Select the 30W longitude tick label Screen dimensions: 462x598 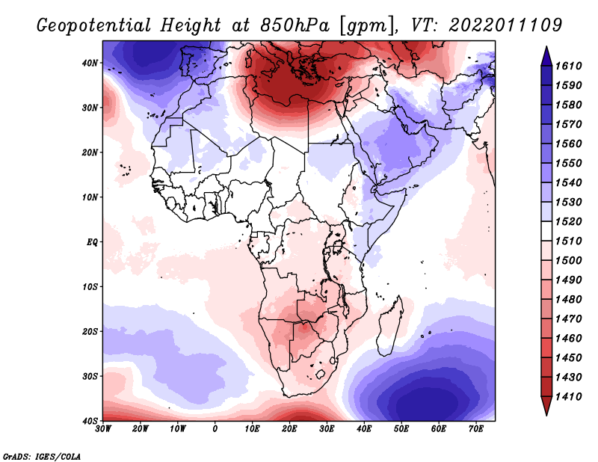(103, 428)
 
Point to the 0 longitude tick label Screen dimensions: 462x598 (215, 428)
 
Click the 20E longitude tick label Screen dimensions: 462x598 (289, 428)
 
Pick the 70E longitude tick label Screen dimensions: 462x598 (475, 428)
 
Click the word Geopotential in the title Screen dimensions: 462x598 (96, 25)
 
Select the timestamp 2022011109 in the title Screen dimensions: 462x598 (505, 25)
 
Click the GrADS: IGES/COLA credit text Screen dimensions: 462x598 (42, 455)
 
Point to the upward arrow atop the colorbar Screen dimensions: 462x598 (546, 53)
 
